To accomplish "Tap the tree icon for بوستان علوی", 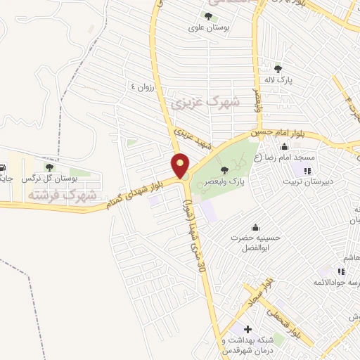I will [207, 16].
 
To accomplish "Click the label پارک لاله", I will [278, 81].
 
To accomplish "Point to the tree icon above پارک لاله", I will [278, 69].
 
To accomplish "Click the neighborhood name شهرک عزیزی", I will [205, 104].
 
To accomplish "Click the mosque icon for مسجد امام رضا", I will [283, 147].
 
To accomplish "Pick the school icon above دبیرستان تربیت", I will [307, 170].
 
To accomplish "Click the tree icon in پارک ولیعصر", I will [224, 169].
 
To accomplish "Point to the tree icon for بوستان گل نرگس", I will [49, 167].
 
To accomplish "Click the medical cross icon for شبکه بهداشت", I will [247, 328].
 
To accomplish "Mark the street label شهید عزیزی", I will [194, 139].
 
